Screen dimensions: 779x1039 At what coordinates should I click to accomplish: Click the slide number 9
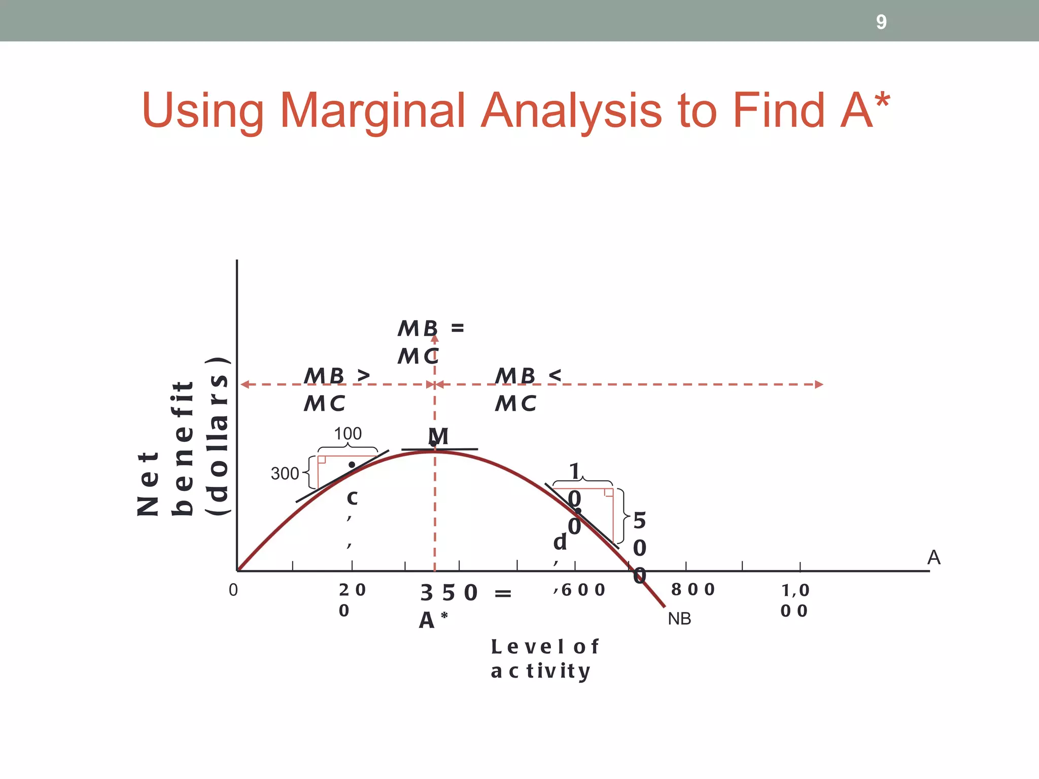(x=881, y=22)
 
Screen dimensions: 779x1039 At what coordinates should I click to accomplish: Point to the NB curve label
(x=679, y=619)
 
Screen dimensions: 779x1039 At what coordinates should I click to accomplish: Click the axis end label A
(x=933, y=557)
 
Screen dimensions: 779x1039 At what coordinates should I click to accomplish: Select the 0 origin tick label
(x=233, y=590)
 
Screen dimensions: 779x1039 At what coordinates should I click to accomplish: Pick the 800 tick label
(x=692, y=589)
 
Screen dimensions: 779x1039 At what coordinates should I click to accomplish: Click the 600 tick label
(x=583, y=590)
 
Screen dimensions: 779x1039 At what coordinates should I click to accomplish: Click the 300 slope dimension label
(x=285, y=474)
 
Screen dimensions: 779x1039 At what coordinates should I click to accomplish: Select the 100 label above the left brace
(x=348, y=434)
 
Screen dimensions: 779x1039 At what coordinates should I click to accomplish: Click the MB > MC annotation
(x=335, y=389)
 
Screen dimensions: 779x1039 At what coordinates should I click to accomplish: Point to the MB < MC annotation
(x=527, y=389)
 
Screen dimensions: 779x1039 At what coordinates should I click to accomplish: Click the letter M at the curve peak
(x=438, y=436)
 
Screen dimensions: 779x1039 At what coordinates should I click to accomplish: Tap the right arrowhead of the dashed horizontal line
(x=819, y=384)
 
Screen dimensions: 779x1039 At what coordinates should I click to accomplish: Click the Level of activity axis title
(x=544, y=658)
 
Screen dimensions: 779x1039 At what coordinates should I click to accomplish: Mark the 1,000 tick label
(x=794, y=600)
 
